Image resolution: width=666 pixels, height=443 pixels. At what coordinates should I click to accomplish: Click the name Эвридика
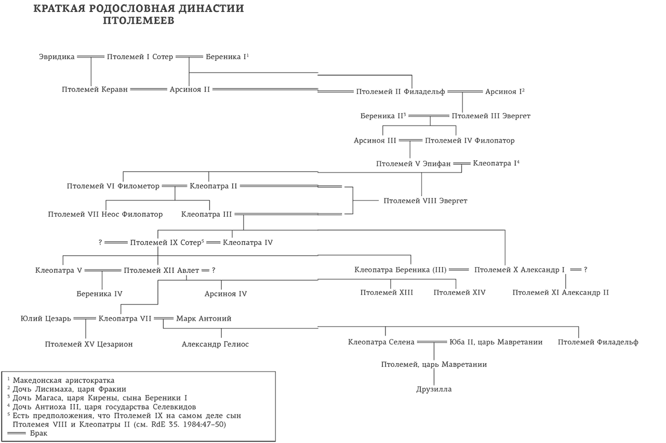coord(57,57)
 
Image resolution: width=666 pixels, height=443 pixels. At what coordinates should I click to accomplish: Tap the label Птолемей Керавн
coord(95,89)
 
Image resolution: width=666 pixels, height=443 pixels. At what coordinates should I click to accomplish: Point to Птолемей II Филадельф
coord(401,92)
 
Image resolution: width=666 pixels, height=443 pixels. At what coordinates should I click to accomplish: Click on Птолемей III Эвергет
coord(491,116)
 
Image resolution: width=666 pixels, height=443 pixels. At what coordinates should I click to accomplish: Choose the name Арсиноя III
coord(375,141)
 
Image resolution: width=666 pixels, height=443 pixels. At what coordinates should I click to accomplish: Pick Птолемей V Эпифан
coord(414,164)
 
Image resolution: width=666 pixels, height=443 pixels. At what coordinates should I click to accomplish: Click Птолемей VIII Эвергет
coord(425,201)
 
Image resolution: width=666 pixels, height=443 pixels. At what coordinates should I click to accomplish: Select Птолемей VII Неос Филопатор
coord(105,214)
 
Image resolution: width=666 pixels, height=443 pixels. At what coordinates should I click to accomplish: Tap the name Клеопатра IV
coord(248,242)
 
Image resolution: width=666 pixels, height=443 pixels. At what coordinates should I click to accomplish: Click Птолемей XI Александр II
coord(561,293)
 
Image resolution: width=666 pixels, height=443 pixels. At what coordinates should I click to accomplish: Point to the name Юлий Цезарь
coord(46,319)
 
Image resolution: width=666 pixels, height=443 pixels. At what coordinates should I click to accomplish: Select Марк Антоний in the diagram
coord(204,319)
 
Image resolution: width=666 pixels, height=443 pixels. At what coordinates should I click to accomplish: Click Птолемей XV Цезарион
coord(88,344)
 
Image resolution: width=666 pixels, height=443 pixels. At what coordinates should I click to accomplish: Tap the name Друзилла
coord(434,389)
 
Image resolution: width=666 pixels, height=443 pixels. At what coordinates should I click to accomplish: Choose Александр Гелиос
coord(215,344)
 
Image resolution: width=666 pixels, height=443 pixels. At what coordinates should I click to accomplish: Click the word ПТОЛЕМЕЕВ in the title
coord(139,22)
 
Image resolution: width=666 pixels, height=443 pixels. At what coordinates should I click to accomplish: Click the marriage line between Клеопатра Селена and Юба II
coord(432,342)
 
